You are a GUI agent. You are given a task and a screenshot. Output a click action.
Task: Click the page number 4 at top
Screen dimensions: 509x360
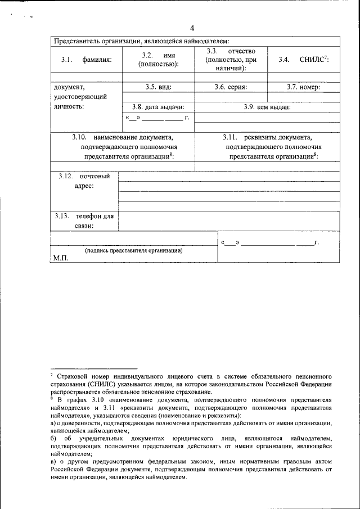click(x=192, y=29)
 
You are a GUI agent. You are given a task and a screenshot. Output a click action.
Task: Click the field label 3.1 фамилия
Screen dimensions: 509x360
click(x=87, y=60)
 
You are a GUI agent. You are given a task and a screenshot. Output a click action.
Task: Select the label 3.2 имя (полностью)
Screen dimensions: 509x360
click(x=158, y=60)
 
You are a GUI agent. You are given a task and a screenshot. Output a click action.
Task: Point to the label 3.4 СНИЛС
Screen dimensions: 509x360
click(x=303, y=60)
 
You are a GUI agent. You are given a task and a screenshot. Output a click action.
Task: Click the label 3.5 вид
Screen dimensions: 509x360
click(x=158, y=87)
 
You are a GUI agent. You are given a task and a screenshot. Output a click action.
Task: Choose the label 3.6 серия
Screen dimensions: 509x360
click(x=231, y=87)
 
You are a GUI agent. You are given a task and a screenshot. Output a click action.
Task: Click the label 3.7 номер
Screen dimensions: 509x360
click(x=303, y=87)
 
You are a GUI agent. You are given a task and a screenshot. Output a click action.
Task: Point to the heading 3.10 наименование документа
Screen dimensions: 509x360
click(x=122, y=146)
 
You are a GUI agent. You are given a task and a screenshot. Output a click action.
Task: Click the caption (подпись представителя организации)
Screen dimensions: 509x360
click(x=133, y=250)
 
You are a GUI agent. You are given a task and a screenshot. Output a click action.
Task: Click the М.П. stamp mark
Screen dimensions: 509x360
click(x=60, y=258)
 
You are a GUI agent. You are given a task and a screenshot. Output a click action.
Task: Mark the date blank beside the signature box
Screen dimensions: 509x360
click(x=271, y=242)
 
